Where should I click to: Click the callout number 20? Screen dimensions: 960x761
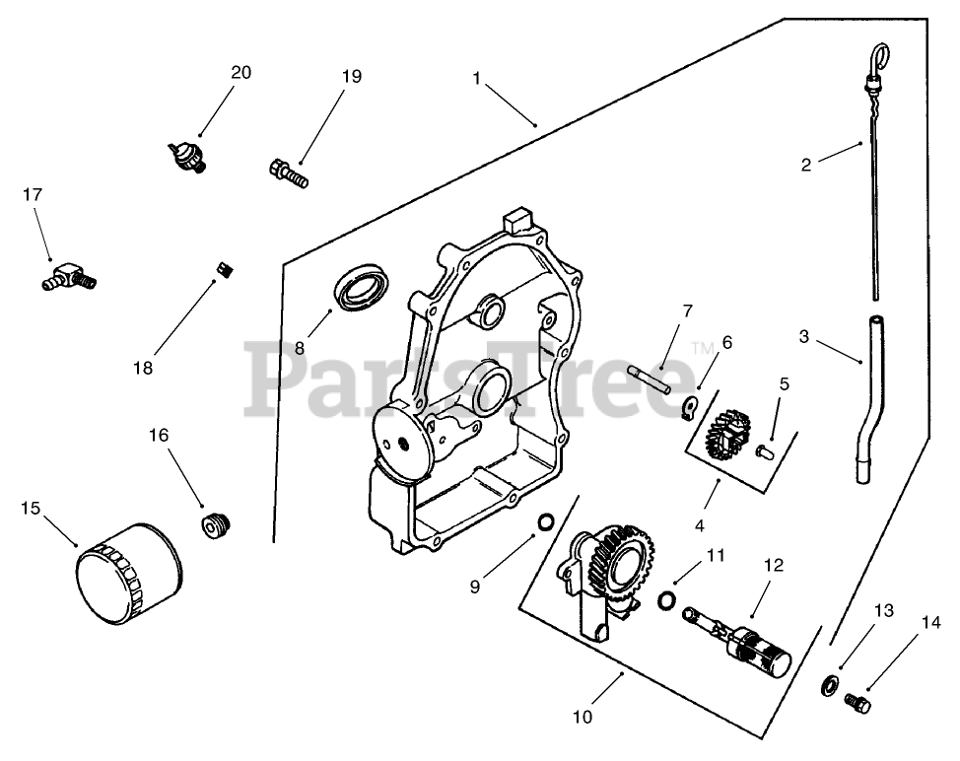click(241, 72)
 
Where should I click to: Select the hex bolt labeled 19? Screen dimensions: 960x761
click(288, 173)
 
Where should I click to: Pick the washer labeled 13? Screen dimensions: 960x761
click(832, 685)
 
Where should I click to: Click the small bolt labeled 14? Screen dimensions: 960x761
click(857, 703)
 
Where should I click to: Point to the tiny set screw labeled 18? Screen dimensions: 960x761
click(224, 268)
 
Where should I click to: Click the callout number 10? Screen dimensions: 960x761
click(583, 717)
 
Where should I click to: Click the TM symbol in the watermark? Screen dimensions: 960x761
click(701, 347)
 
